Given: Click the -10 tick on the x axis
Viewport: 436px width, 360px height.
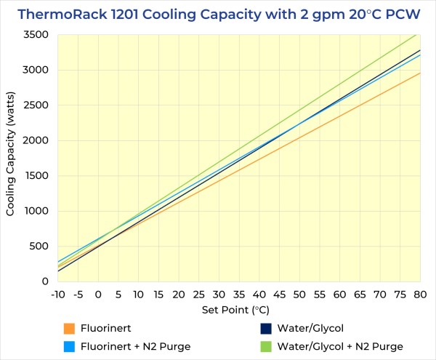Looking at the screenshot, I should click(59, 295).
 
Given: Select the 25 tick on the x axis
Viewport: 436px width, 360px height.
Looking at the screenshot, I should click(200, 295).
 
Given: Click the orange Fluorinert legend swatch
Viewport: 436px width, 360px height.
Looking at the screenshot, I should click(70, 328).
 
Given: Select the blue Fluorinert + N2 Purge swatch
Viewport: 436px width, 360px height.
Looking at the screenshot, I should click(70, 346).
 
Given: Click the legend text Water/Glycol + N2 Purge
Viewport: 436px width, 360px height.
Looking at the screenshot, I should click(341, 346).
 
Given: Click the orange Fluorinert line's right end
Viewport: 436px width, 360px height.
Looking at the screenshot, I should click(420, 73).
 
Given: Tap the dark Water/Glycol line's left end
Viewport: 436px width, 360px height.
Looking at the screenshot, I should click(59, 271).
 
